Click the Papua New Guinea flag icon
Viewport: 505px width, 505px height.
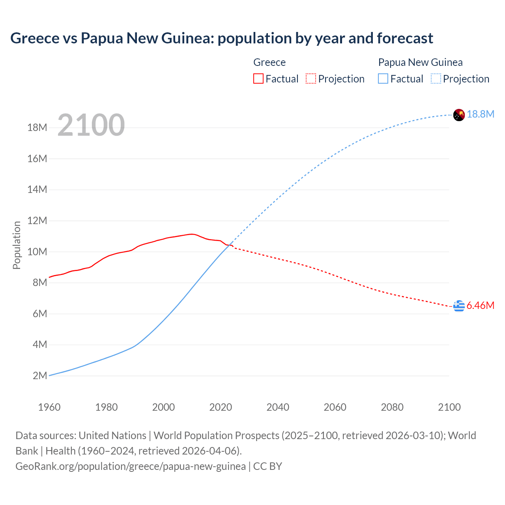(x=459, y=115)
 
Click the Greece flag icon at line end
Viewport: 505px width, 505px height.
(x=459, y=306)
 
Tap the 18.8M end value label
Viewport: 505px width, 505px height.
(x=481, y=114)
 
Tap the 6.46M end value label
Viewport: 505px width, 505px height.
(x=480, y=306)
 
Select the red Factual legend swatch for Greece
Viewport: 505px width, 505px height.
(x=258, y=79)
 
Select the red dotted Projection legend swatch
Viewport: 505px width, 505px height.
(x=311, y=79)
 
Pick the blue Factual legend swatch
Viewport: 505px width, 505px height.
(x=383, y=79)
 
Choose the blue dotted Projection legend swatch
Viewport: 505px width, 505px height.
(x=436, y=79)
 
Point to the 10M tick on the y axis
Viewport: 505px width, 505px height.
(x=37, y=252)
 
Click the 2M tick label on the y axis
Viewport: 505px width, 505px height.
(x=40, y=376)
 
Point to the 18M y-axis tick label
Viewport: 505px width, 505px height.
(x=37, y=128)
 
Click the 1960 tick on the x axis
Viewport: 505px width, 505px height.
(x=49, y=407)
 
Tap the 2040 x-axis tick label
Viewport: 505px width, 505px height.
(x=278, y=407)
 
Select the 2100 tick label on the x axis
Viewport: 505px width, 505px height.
(x=449, y=407)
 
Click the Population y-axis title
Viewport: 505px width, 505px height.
(x=17, y=245)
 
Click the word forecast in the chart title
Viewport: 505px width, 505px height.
(x=405, y=38)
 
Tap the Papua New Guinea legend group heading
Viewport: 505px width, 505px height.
(x=420, y=62)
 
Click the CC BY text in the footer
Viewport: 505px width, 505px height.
(x=267, y=466)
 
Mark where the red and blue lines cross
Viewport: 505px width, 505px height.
(x=228, y=245)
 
